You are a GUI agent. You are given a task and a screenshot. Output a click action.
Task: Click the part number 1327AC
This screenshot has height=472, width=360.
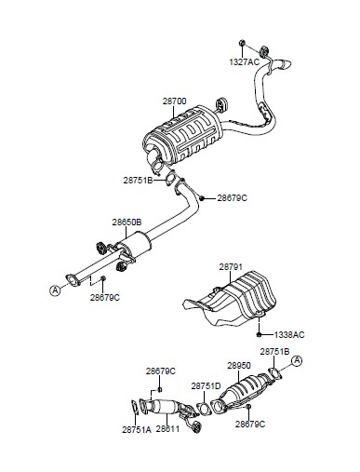tap(244, 62)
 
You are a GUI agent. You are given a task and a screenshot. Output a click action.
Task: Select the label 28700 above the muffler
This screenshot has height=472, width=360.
tap(175, 101)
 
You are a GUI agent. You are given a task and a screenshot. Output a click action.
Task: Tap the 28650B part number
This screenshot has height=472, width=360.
tap(127, 223)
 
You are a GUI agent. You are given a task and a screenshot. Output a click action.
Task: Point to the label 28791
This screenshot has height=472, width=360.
tap(231, 267)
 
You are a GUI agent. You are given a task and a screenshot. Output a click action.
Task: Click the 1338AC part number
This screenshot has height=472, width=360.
tap(289, 335)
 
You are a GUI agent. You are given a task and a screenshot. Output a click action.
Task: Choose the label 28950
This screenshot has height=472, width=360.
tap(239, 366)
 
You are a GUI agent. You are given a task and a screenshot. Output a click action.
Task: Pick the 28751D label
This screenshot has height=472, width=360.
tap(206, 386)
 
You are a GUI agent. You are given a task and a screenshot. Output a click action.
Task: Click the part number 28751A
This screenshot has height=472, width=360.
tap(137, 429)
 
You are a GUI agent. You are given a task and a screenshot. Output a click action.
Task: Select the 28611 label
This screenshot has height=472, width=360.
tap(167, 429)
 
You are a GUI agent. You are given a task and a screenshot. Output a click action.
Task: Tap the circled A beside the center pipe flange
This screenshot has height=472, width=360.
tap(55, 290)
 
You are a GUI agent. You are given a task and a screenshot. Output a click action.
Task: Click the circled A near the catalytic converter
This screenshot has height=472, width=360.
tap(297, 361)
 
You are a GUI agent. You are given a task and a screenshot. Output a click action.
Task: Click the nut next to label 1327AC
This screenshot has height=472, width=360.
tap(243, 43)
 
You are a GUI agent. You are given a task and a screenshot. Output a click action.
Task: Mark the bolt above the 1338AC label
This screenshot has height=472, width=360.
tap(259, 334)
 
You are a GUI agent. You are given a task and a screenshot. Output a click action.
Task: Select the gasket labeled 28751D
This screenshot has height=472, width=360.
tap(204, 409)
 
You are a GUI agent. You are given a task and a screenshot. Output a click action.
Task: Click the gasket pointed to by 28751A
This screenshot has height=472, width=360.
tap(135, 407)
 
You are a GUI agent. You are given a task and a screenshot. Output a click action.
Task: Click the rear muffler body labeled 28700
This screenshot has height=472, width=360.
tap(183, 135)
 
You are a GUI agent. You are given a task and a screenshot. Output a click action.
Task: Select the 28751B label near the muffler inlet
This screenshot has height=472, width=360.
tap(138, 180)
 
